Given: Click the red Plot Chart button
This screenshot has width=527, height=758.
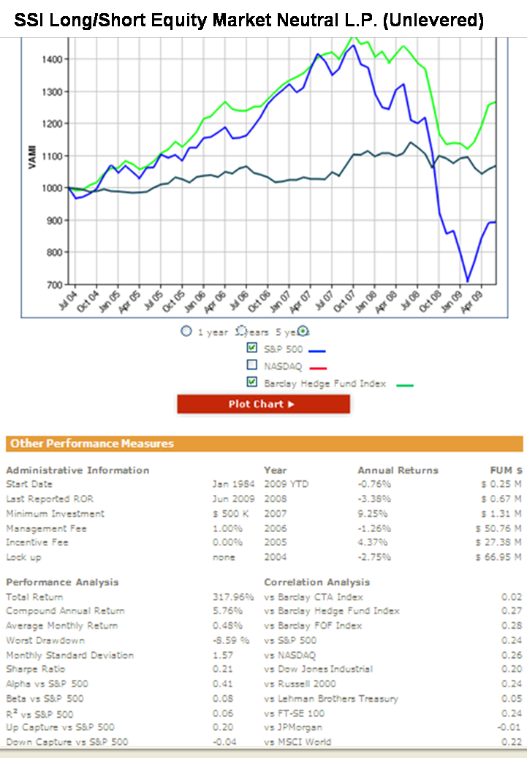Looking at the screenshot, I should [x=263, y=404].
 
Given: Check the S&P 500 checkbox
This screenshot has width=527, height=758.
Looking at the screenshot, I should [x=252, y=347].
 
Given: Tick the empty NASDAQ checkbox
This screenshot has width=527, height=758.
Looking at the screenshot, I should [x=252, y=365].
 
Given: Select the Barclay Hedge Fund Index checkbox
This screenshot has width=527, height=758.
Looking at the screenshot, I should [x=252, y=382].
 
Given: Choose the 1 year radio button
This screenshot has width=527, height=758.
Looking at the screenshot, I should [x=186, y=331].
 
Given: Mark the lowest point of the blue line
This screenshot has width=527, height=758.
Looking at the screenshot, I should [x=467, y=281].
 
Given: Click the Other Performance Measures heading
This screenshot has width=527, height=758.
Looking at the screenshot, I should [x=92, y=444].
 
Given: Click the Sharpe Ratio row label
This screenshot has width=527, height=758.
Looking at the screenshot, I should [x=35, y=670].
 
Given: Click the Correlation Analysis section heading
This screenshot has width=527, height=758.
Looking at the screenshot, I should [x=316, y=583].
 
